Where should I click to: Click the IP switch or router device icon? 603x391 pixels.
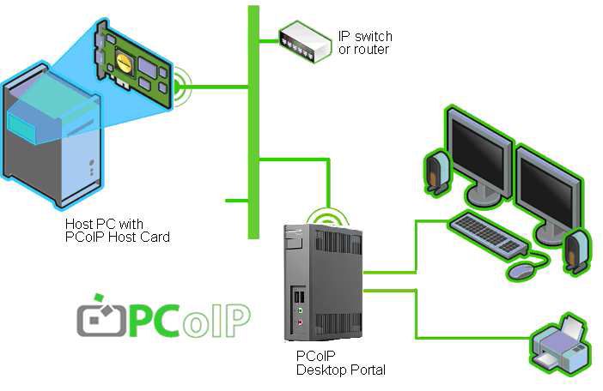click(x=303, y=39)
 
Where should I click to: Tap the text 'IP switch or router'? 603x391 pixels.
click(x=364, y=43)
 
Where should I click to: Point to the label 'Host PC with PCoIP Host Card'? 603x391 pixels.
click(x=117, y=231)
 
